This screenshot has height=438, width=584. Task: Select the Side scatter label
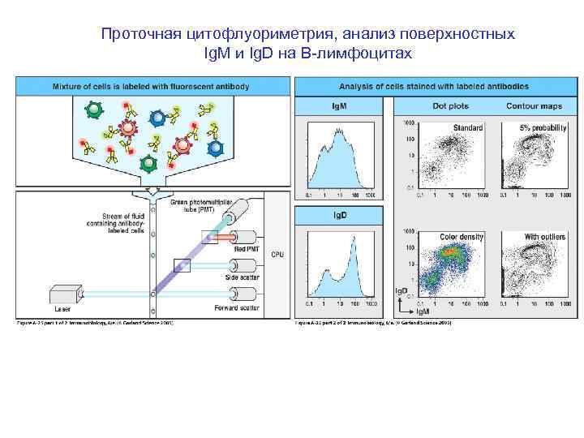[243, 277]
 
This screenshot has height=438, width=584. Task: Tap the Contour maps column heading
[533, 105]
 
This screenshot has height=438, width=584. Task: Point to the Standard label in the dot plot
[468, 127]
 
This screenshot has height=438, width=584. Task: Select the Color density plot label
[462, 237]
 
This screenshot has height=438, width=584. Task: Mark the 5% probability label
[543, 127]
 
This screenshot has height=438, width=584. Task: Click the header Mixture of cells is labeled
[151, 85]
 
